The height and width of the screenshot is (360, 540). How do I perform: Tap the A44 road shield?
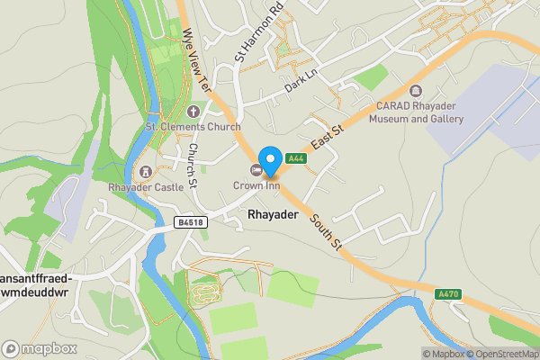tap(294, 158)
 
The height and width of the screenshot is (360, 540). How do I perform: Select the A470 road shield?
tap(449, 294)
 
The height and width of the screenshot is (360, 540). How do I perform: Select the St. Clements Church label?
tap(193, 127)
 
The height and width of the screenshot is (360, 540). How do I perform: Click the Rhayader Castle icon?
tap(144, 171)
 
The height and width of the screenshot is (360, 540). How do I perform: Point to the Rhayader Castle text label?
tap(146, 187)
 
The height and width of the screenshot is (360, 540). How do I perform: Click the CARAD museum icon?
tap(415, 90)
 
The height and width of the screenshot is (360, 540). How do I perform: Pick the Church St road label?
tap(193, 167)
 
